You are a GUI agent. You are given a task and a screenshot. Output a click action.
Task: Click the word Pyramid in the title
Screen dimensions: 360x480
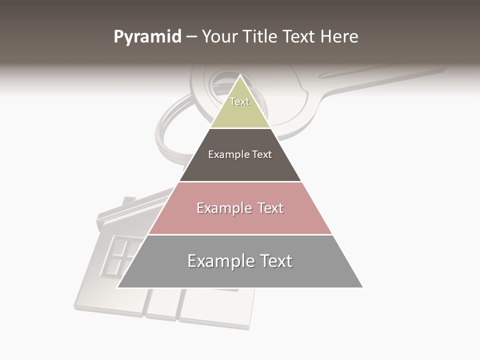[147, 37]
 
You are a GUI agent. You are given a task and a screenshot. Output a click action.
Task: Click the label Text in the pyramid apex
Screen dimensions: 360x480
[239, 101]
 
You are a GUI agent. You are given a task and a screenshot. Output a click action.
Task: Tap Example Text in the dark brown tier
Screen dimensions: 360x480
[240, 154]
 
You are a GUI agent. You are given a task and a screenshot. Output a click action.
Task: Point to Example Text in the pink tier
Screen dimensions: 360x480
[240, 208]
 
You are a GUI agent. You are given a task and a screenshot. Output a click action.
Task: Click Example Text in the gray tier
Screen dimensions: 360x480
[240, 261]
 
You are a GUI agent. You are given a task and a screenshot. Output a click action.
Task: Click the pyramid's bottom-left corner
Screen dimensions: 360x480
[117, 287]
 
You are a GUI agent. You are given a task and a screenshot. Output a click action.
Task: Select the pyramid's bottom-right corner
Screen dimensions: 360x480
[362, 287]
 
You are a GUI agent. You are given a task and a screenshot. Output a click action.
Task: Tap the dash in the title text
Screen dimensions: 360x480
[191, 37]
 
